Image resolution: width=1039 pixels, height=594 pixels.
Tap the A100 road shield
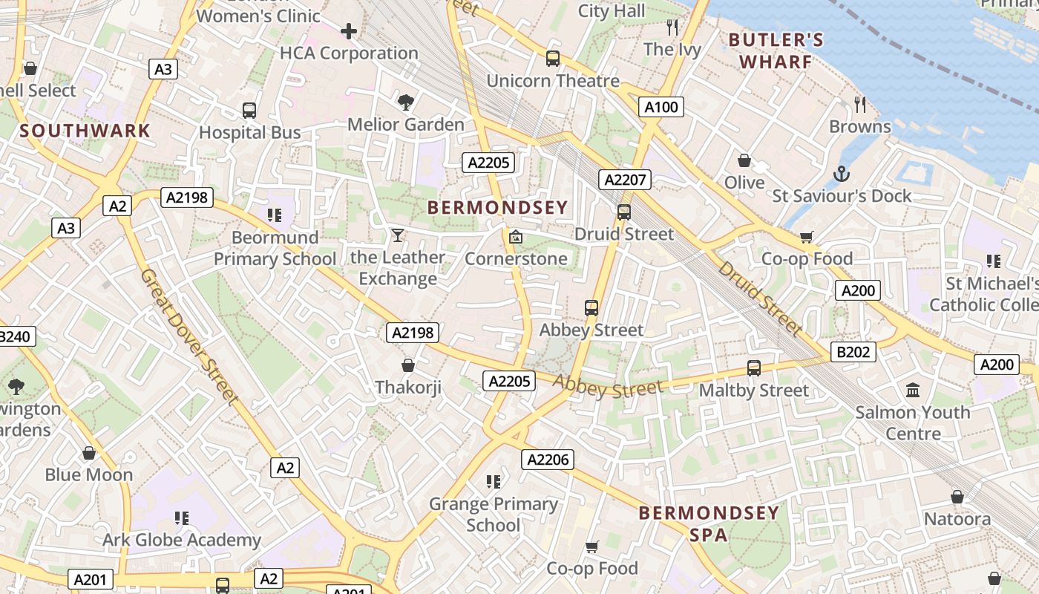click(661, 107)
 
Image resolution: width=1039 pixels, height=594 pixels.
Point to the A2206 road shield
click(548, 460)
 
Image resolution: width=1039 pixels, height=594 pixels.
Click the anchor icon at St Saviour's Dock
click(841, 174)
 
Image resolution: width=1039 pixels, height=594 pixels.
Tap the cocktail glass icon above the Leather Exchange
click(398, 235)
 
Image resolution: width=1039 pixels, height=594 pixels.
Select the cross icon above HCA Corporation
click(349, 31)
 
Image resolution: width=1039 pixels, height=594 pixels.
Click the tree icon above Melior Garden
click(405, 102)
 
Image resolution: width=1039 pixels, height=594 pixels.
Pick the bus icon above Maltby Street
click(754, 368)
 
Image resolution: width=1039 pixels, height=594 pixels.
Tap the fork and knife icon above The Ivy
click(672, 28)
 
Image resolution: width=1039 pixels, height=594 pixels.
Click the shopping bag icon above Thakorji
click(407, 365)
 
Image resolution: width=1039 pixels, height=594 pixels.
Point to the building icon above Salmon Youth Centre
click(913, 390)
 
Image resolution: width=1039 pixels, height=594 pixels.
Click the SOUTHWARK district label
click(85, 131)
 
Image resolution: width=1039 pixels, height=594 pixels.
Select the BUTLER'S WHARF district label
click(776, 50)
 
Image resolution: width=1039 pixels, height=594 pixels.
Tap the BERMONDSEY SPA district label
click(709, 523)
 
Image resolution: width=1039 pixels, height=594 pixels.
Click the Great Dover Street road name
click(190, 338)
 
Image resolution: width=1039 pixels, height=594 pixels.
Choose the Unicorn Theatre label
click(553, 81)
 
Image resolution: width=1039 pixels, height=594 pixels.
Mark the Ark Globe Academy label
click(182, 540)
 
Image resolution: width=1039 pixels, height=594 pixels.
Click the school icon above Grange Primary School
click(494, 482)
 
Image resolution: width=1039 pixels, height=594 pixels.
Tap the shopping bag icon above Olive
click(744, 160)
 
